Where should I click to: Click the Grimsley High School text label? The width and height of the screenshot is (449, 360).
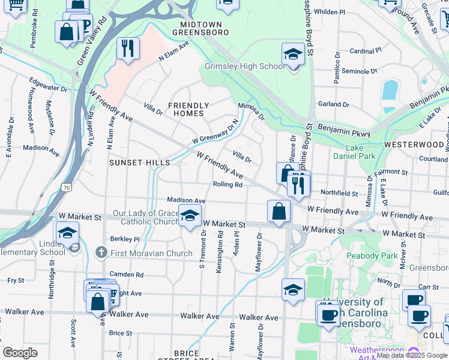click(x=245, y=66)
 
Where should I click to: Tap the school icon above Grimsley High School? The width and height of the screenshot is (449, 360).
click(x=293, y=54)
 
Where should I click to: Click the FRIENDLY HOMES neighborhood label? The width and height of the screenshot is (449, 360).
click(x=189, y=109)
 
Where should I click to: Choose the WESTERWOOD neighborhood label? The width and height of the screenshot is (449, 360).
click(x=414, y=145)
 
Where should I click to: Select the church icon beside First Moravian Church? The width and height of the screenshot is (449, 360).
click(x=101, y=253)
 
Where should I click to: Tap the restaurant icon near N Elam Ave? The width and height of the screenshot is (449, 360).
click(x=127, y=49)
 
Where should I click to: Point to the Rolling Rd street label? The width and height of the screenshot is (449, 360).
click(x=228, y=185)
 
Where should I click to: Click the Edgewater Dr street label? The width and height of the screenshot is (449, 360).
click(x=47, y=88)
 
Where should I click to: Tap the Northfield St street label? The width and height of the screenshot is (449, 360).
click(x=340, y=193)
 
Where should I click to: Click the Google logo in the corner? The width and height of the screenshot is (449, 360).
click(x=20, y=352)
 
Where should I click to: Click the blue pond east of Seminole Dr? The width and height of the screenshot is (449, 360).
click(x=390, y=91)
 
